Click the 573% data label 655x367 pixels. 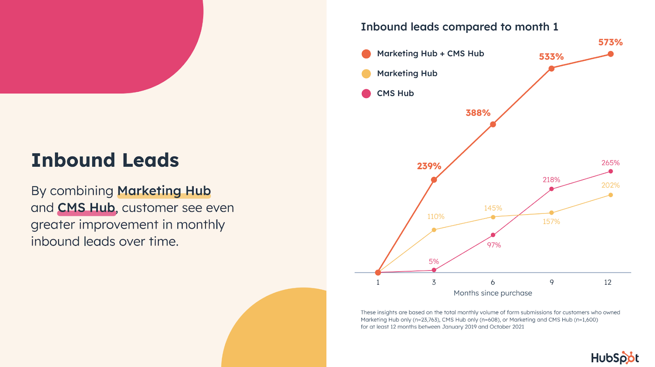(x=610, y=42)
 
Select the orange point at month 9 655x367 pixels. (x=551, y=68)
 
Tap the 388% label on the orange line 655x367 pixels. (x=478, y=113)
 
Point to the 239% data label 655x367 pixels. (x=429, y=166)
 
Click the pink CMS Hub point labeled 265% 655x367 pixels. (x=610, y=171)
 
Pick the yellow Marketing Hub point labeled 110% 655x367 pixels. (x=434, y=230)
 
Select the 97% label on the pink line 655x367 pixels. (x=494, y=245)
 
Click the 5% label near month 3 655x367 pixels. (x=434, y=261)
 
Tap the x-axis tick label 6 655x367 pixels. (x=492, y=282)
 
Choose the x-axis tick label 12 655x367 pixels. (x=608, y=282)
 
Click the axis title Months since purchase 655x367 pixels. (x=492, y=293)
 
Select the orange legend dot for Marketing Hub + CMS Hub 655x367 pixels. (x=366, y=54)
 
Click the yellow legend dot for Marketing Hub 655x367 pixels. (x=366, y=74)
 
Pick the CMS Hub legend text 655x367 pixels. (x=395, y=93)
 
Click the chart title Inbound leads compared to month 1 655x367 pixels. (x=459, y=27)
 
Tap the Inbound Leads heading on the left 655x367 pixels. (x=105, y=160)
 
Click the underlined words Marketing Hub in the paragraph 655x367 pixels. (x=164, y=191)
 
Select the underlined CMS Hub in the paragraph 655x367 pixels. (x=86, y=208)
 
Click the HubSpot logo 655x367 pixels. (x=614, y=358)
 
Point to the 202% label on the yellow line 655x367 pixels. (x=610, y=185)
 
